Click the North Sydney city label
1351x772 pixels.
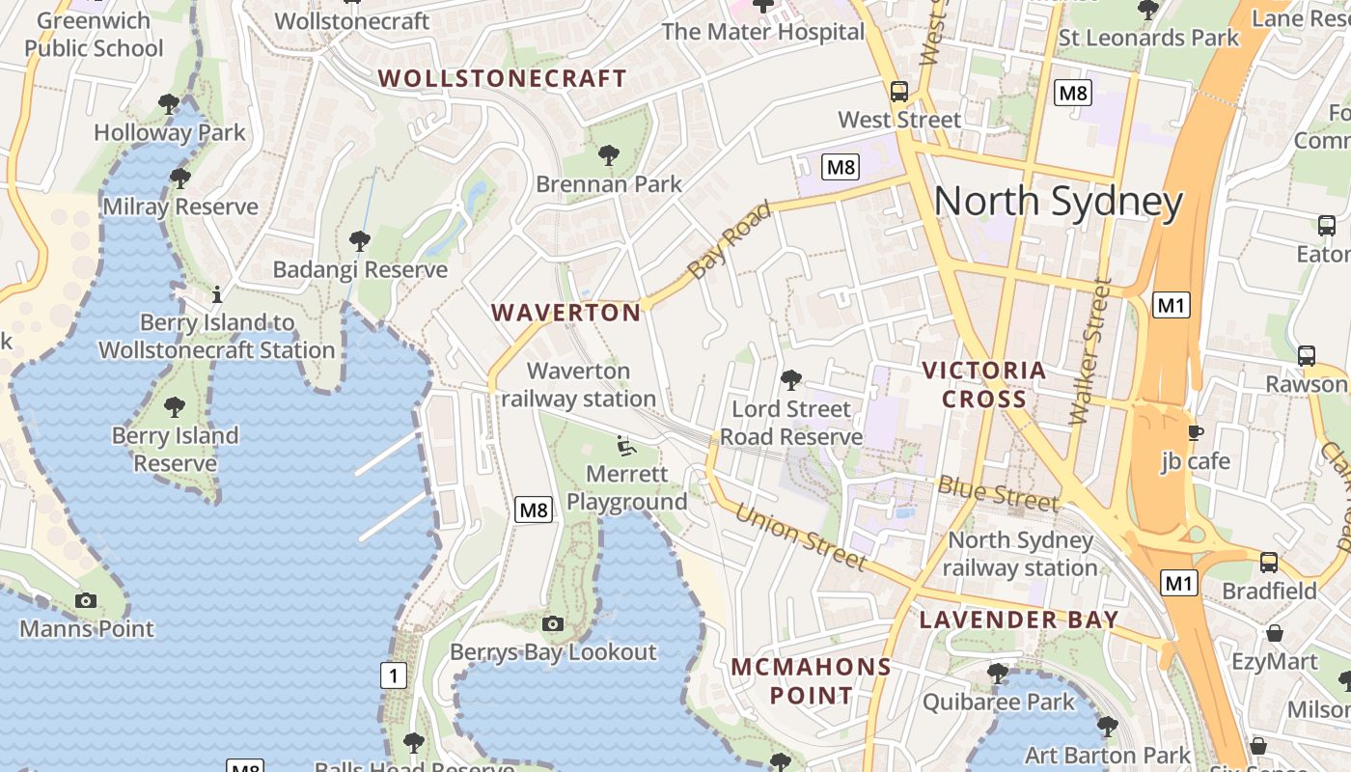(1059, 202)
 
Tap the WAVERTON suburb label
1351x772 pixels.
(566, 313)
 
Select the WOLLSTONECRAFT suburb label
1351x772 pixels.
(502, 79)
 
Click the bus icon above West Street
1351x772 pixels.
(899, 92)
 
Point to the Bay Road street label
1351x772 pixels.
(731, 241)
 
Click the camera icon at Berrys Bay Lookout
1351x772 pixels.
(553, 624)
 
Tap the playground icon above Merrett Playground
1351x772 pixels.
(626, 446)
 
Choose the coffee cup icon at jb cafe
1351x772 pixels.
(1196, 432)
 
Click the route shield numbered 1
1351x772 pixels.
(393, 675)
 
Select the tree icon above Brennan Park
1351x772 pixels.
(608, 154)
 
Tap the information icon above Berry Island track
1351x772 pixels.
(217, 293)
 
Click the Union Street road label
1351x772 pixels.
(801, 537)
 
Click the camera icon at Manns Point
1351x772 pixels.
(86, 601)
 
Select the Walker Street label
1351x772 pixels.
(1091, 353)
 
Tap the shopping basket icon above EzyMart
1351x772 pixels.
(1275, 634)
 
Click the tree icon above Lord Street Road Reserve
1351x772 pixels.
(791, 380)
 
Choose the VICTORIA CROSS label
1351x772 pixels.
(984, 384)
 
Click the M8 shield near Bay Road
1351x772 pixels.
(841, 167)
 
